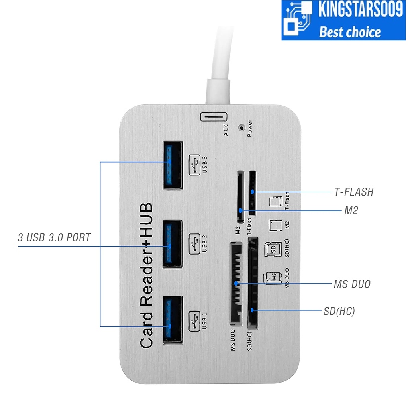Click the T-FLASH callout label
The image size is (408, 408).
(x=353, y=192)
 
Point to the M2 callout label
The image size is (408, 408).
(x=351, y=210)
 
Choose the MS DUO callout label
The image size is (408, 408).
(x=352, y=284)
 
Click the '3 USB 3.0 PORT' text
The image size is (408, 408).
(x=54, y=238)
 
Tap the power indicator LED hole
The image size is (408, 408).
(x=241, y=128)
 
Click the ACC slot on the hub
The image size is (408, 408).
(x=214, y=117)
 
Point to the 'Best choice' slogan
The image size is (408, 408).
(x=350, y=31)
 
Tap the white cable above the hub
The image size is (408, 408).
(x=220, y=60)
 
